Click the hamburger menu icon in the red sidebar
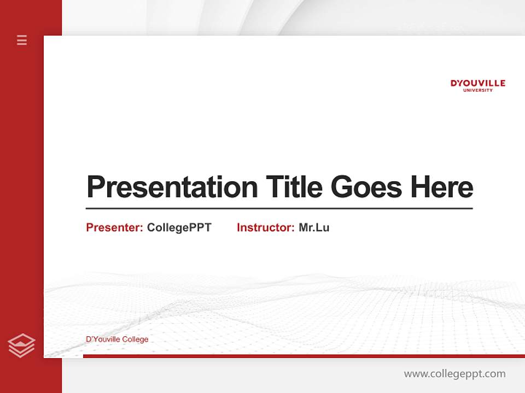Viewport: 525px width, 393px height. [22, 40]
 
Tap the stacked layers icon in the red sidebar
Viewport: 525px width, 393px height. [21, 346]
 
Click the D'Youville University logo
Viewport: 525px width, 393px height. [477, 85]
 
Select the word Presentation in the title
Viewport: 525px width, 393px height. [172, 187]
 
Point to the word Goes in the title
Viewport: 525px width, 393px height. [367, 187]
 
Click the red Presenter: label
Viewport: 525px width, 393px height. [114, 228]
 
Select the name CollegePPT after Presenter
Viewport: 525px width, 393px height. [179, 228]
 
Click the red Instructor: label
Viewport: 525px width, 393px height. [265, 228]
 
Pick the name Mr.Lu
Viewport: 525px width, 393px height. [314, 228]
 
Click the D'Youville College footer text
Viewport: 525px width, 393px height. [117, 340]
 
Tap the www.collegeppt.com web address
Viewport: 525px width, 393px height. [454, 374]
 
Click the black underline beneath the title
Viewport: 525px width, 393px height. [279, 208]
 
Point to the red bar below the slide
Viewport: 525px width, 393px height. [304, 356]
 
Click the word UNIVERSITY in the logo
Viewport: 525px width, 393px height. [477, 90]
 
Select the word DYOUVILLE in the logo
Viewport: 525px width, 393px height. [477, 83]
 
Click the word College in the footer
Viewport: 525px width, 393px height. [135, 340]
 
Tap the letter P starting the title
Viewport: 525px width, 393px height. [95, 187]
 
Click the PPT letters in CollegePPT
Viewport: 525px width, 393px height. [200, 228]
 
